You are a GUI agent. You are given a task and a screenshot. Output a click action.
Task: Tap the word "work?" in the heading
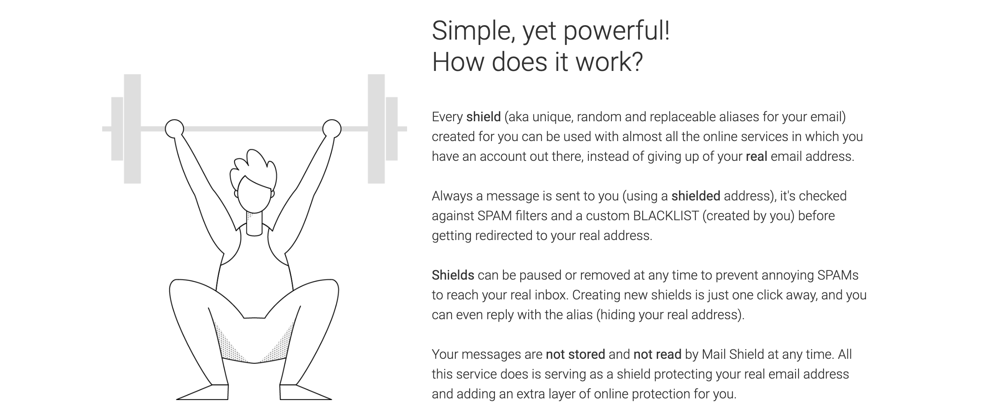pyautogui.click(x=609, y=62)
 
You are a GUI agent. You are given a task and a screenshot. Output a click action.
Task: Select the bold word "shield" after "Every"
pyautogui.click(x=483, y=117)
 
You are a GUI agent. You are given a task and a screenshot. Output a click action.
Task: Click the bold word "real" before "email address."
pyautogui.click(x=756, y=157)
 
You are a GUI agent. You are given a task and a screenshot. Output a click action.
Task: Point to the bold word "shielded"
pyautogui.click(x=695, y=196)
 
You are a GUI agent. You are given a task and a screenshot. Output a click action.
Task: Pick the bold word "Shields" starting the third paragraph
pyautogui.click(x=453, y=275)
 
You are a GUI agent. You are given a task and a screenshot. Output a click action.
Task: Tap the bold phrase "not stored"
pyautogui.click(x=575, y=354)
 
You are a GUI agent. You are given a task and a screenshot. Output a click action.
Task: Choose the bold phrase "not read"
pyautogui.click(x=657, y=354)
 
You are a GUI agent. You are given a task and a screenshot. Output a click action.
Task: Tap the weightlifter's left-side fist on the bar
pyautogui.click(x=174, y=129)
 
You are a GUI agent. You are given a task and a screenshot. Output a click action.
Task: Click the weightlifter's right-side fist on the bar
pyautogui.click(x=332, y=129)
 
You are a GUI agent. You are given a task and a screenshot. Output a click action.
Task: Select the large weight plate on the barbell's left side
pyautogui.click(x=132, y=129)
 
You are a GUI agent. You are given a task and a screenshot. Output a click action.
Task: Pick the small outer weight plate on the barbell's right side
pyautogui.click(x=392, y=129)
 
